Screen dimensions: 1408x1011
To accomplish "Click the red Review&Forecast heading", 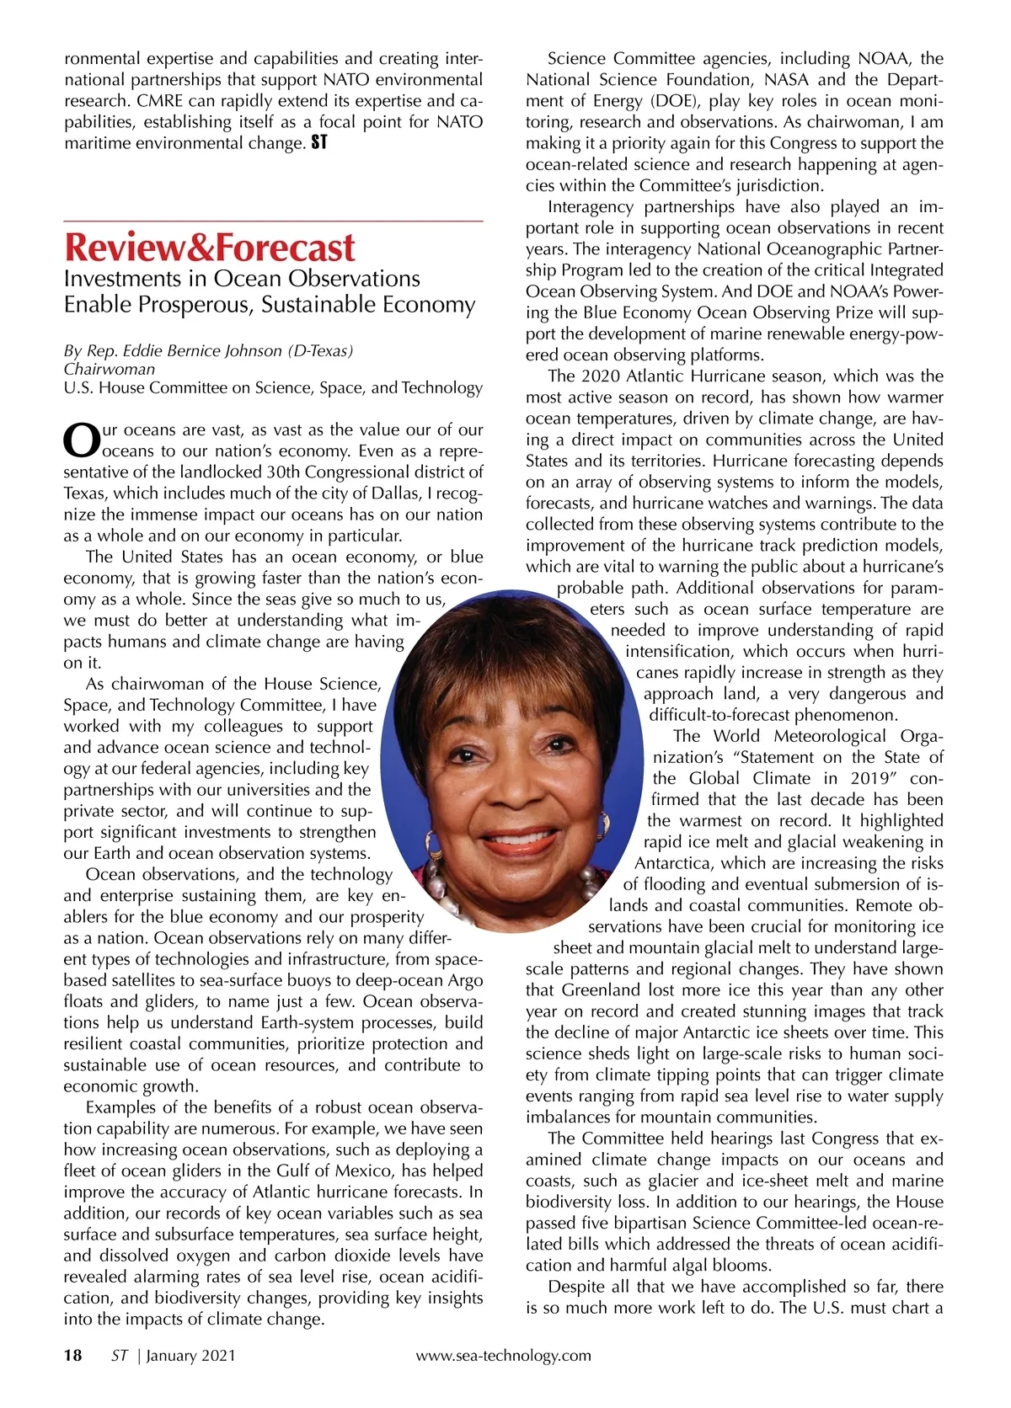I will click(210, 247).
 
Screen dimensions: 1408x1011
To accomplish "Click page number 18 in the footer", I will click(73, 1355).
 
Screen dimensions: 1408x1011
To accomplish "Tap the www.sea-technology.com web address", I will click(503, 1355).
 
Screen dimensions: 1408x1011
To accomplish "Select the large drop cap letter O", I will click(82, 439).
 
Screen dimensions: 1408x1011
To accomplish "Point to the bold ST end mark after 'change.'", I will click(319, 143).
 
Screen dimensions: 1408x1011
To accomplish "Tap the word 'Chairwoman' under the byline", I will click(110, 369).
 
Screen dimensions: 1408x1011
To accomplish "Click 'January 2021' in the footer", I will click(191, 1355).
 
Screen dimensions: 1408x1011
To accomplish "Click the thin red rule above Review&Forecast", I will click(273, 221).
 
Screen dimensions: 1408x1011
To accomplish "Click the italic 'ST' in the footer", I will click(120, 1355).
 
